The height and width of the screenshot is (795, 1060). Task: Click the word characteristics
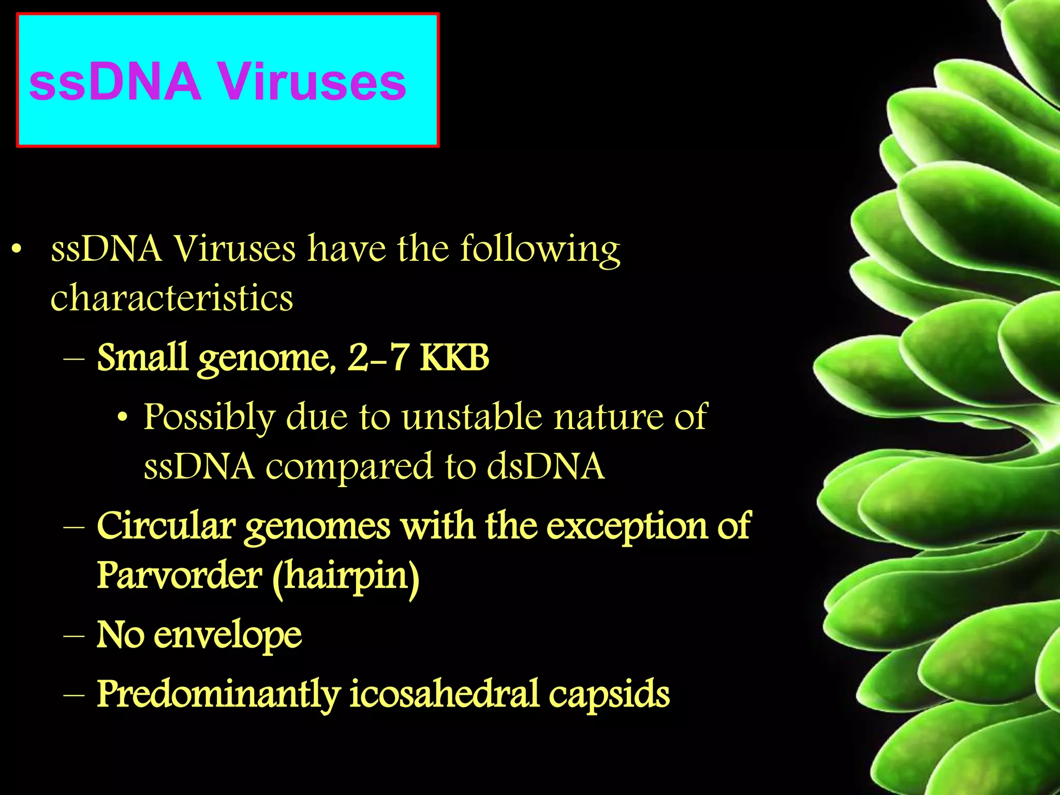point(171,299)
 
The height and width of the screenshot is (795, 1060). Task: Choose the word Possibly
point(208,417)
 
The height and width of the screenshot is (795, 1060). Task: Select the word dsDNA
point(545,466)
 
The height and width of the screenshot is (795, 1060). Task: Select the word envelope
point(228,636)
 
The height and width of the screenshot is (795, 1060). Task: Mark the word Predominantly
point(218,695)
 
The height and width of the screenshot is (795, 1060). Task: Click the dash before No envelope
point(73,636)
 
